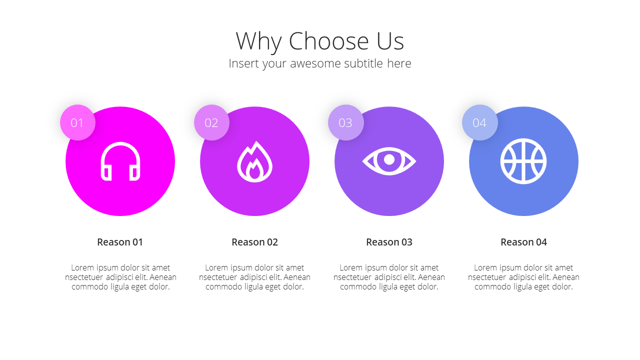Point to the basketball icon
click(523, 161)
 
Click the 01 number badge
click(77, 122)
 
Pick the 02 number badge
click(211, 122)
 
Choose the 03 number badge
click(345, 122)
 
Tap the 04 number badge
click(479, 122)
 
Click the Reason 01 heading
click(120, 242)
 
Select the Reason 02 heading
click(254, 242)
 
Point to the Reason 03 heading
click(389, 242)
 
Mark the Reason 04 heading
click(523, 242)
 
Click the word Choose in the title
click(328, 41)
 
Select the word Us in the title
click(390, 41)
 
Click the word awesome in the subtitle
click(315, 63)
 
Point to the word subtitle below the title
click(363, 63)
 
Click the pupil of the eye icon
click(389, 159)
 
